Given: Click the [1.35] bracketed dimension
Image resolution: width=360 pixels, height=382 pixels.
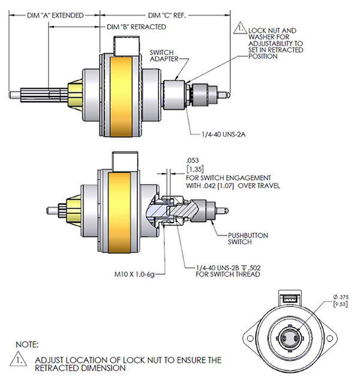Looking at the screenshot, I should pyautogui.click(x=193, y=170).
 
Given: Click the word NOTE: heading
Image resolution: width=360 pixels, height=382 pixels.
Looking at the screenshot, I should pyautogui.click(x=27, y=345).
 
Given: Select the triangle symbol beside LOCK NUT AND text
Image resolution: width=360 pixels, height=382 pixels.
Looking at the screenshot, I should pyautogui.click(x=239, y=28).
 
